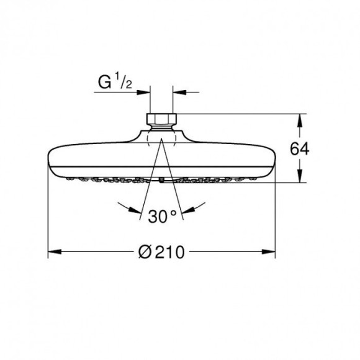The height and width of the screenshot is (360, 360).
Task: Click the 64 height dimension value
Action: click(300, 149)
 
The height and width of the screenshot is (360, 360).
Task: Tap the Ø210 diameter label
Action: click(161, 252)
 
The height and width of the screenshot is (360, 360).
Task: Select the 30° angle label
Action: click(162, 216)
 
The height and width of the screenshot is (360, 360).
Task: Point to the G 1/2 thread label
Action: click(115, 82)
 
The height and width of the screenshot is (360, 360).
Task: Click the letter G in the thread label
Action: click(104, 83)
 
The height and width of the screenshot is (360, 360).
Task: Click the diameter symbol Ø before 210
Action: click(145, 252)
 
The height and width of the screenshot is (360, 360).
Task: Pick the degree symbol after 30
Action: click(174, 212)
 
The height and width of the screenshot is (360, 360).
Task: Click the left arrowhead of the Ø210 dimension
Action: click(55, 251)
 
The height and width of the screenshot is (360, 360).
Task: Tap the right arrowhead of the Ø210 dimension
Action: click(268, 251)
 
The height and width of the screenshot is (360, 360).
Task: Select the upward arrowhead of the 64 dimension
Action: click(299, 121)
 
